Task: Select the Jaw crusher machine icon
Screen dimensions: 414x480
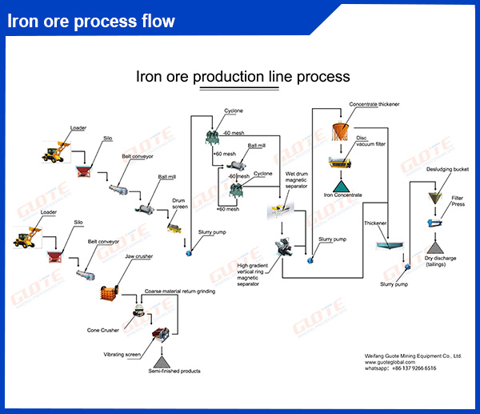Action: pyautogui.click(x=110, y=292)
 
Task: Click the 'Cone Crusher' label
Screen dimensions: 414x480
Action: pyautogui.click(x=102, y=329)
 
